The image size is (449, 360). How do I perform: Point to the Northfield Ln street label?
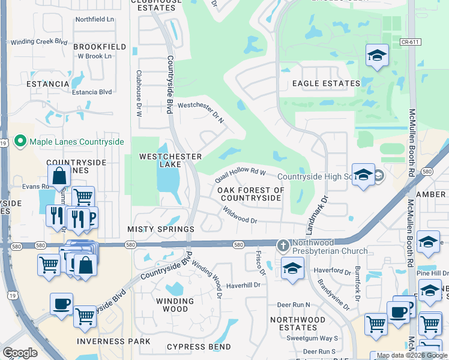94,19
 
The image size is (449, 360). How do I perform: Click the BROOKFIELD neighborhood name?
100,46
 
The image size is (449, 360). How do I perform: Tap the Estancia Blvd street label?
92,92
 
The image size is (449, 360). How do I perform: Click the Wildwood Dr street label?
240,215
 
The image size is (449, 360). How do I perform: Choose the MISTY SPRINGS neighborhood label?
161,229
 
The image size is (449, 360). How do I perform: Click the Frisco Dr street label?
262,262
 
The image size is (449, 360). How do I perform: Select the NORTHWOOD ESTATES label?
298,323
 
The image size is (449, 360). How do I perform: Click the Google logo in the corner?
20,353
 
